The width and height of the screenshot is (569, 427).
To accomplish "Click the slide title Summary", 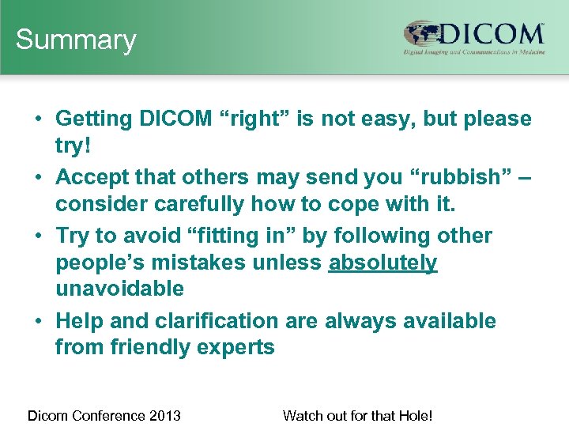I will click(76, 40).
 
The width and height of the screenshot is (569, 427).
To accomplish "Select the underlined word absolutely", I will click(382, 263).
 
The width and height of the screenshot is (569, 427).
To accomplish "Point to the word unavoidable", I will click(119, 289).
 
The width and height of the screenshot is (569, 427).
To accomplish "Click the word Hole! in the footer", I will click(416, 415).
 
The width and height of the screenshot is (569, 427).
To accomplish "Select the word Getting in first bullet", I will click(94, 119).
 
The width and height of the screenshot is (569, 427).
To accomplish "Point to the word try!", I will click(73, 145).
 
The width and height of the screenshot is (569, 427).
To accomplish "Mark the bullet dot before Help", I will click(39, 322).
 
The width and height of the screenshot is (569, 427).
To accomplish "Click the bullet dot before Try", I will click(39, 236).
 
